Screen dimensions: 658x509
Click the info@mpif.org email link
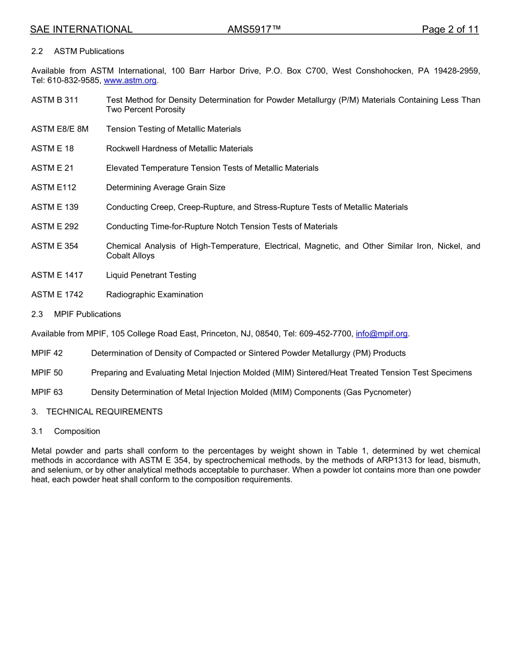381,334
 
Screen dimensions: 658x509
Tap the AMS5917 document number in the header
254,29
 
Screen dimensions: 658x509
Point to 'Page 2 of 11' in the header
450,29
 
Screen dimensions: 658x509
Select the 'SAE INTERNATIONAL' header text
81,29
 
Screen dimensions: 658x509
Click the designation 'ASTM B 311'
55,100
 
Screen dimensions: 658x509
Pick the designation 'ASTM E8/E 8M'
59,129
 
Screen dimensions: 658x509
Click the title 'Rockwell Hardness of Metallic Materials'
179,149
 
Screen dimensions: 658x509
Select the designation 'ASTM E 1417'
57,276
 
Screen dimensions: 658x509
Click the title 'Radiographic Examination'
154,295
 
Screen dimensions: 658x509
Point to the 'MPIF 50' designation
47,373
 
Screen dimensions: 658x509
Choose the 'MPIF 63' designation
47,393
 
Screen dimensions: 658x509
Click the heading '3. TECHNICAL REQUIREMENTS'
97,412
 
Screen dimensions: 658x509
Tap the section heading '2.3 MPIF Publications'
76,315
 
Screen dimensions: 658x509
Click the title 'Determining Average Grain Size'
166,188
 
